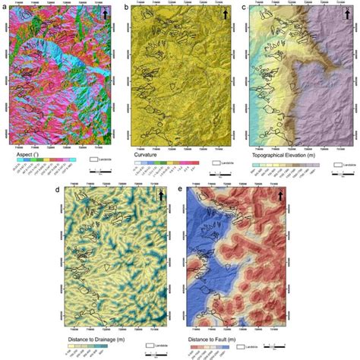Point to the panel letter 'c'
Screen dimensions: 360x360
pyautogui.click(x=244, y=6)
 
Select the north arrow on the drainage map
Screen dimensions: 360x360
pyautogui.click(x=161, y=196)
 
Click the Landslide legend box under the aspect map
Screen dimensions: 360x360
pyautogui.click(x=94, y=161)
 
